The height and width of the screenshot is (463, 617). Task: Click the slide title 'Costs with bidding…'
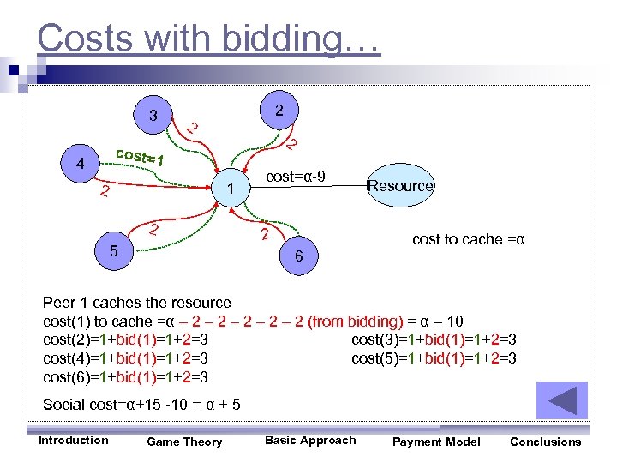(x=208, y=39)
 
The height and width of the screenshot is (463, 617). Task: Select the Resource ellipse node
(x=400, y=185)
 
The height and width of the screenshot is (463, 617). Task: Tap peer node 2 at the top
(x=280, y=111)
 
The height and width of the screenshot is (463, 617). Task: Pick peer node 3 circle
(x=153, y=116)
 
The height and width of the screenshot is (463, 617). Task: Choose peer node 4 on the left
(x=79, y=163)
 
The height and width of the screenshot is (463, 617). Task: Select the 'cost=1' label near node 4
(x=139, y=158)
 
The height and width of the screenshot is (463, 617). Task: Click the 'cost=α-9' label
(x=296, y=176)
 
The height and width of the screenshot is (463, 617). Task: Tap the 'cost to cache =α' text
(x=468, y=239)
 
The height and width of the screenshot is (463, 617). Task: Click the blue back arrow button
(x=561, y=400)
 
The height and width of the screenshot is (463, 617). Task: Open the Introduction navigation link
(x=74, y=440)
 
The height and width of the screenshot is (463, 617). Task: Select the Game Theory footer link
(x=184, y=442)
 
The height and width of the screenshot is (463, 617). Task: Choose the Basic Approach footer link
(x=309, y=440)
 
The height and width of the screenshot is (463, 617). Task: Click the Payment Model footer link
(x=436, y=442)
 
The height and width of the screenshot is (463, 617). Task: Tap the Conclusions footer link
(x=545, y=442)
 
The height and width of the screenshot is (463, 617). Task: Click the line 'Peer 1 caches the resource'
(x=137, y=303)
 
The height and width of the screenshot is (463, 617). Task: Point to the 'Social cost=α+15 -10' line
(x=141, y=404)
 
